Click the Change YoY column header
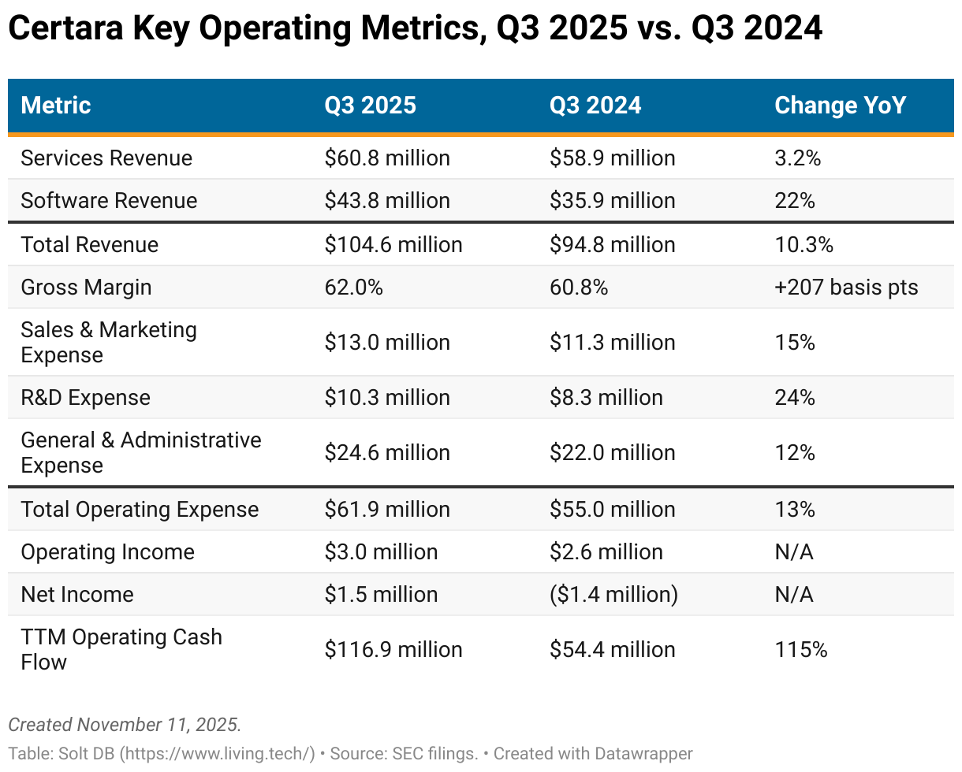(840, 106)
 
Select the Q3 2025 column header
(370, 106)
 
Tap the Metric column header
(56, 106)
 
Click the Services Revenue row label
(106, 158)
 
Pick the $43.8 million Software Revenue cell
(387, 201)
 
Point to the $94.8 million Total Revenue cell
(612, 245)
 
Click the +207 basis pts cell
(846, 288)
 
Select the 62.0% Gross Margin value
(353, 288)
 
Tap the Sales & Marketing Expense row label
(109, 343)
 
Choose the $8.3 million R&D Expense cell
(606, 398)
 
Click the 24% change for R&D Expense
(794, 398)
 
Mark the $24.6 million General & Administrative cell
(387, 453)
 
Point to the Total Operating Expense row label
(140, 510)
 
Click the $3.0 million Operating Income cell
(381, 552)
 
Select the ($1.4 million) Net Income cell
(613, 595)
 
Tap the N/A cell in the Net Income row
(793, 595)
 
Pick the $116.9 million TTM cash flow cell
(393, 650)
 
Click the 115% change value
(800, 650)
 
